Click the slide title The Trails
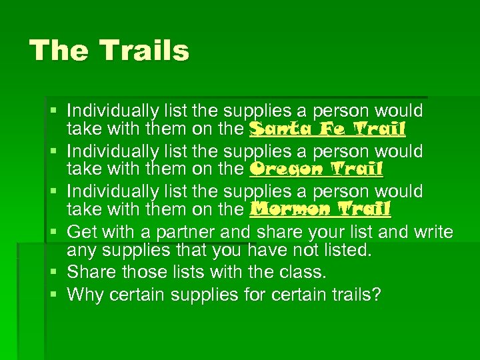(x=110, y=51)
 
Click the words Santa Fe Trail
(x=327, y=129)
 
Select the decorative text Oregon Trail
(x=316, y=169)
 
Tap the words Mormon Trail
(x=319, y=210)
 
